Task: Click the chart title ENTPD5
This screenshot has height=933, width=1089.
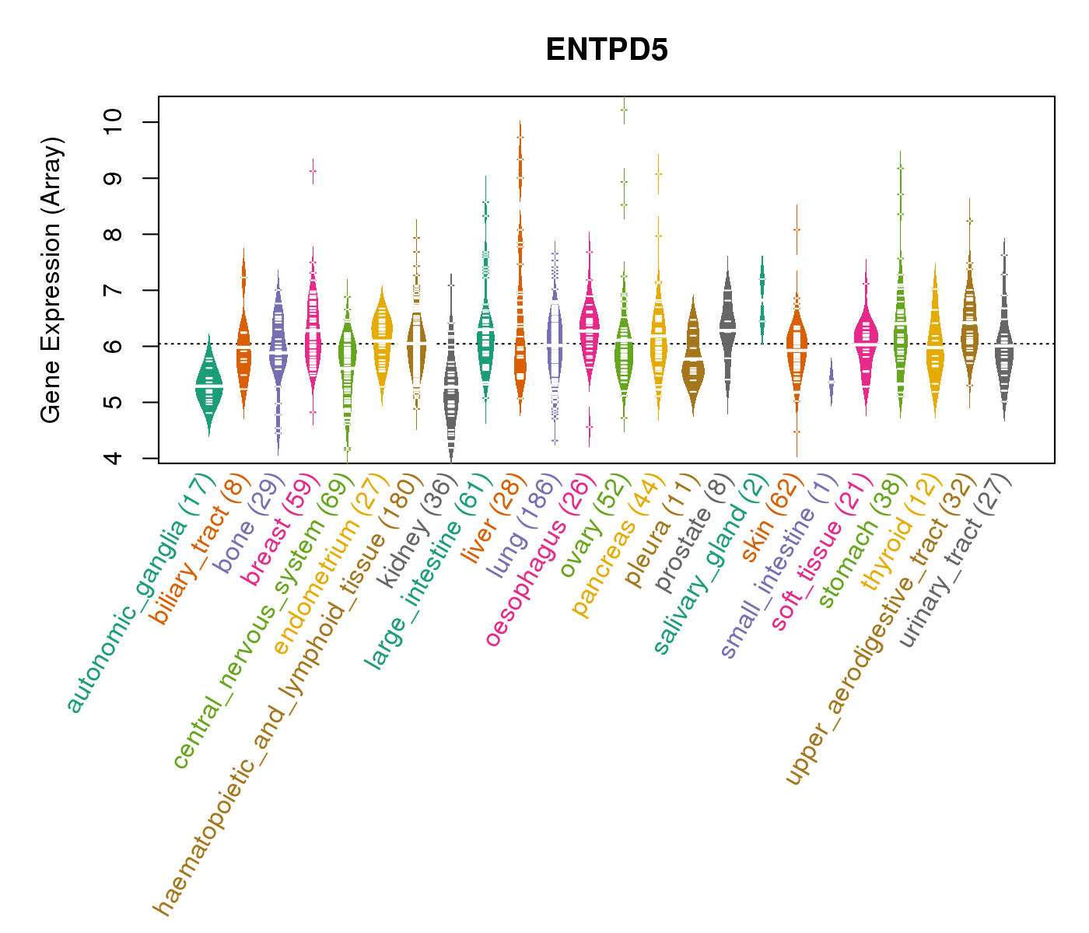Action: pos(607,50)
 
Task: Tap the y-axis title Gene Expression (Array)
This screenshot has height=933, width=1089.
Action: pos(51,280)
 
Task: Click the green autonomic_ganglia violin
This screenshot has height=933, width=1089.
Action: pos(208,385)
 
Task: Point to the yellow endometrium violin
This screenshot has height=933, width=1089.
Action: pos(382,342)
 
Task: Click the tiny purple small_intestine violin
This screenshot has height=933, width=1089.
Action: pos(831,382)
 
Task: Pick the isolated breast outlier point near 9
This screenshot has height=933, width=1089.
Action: pos(313,171)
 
